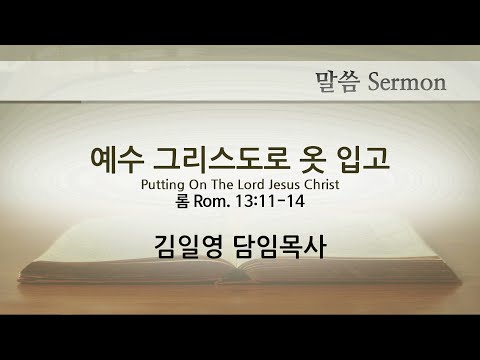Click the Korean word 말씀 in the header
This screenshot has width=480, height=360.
(338, 82)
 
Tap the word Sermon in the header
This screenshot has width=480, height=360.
(407, 82)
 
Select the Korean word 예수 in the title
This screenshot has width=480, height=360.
(118, 160)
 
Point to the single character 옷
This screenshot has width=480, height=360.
(313, 160)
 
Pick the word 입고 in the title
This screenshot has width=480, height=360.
(362, 160)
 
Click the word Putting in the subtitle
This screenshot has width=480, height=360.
(163, 185)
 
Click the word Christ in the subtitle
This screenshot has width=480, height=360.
(322, 184)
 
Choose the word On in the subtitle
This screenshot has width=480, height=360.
(198, 184)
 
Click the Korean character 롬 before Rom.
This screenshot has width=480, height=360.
(183, 201)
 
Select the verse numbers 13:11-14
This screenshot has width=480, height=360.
(270, 201)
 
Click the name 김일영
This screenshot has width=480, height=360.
(188, 246)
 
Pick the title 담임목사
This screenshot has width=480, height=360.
(280, 246)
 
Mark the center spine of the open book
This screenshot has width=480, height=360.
(238, 267)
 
